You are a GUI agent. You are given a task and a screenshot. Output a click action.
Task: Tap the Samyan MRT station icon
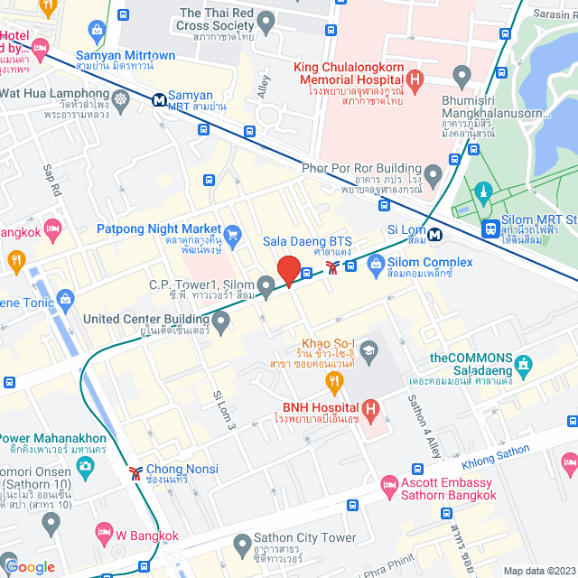158,96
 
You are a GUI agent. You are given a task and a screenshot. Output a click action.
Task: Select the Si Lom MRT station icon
436,236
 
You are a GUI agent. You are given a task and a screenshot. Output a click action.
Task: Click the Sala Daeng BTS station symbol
334,266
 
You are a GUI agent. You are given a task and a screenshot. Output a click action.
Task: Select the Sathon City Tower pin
241,545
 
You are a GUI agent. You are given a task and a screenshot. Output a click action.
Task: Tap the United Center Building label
146,318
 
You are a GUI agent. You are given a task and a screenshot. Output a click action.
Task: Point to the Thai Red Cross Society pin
265,20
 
